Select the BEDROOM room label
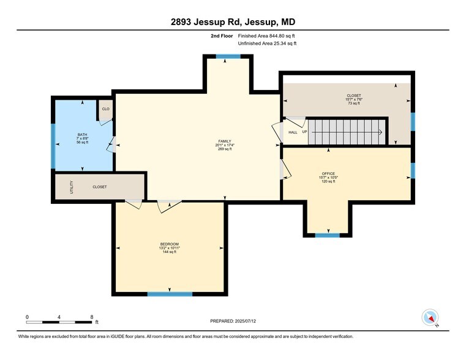point(170,244)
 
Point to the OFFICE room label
point(328,173)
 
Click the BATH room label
point(82,134)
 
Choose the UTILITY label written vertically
point(72,186)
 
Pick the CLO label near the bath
point(105,109)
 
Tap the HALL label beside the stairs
point(293,132)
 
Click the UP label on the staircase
point(304,132)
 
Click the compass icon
point(430,317)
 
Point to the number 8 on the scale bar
point(91,317)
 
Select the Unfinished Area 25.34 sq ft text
point(267,43)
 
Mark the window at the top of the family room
point(228,56)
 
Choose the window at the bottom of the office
point(327,234)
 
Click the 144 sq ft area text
point(170,252)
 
